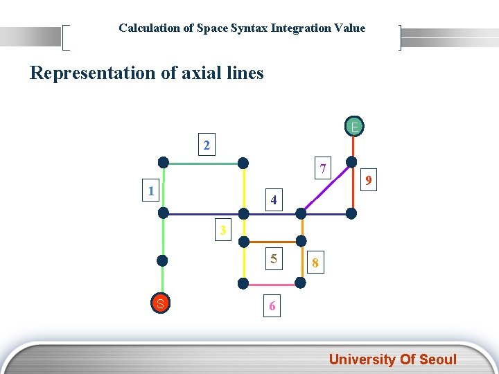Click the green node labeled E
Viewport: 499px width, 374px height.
(x=354, y=127)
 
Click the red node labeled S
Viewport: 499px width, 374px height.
(x=160, y=303)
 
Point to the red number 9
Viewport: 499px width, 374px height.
(x=371, y=181)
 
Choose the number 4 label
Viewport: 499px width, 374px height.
(x=274, y=200)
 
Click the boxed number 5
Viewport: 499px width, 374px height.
(x=274, y=259)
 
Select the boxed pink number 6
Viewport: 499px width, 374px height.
(x=272, y=306)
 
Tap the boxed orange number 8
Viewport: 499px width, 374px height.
(x=315, y=263)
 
